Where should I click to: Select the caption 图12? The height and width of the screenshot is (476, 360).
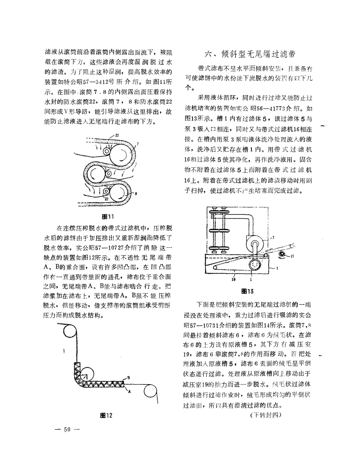click(107, 415)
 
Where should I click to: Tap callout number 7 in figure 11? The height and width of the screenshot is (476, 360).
click(138, 144)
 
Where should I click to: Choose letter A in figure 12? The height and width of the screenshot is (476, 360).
click(129, 392)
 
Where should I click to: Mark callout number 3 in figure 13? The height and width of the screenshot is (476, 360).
click(273, 237)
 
